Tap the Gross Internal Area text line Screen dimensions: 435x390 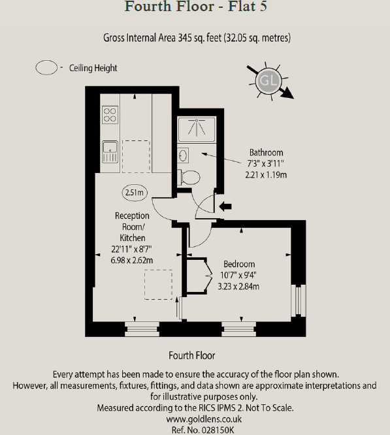[x=197, y=38]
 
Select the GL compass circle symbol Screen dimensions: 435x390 [x=268, y=81]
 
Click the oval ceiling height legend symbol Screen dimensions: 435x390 [x=46, y=67]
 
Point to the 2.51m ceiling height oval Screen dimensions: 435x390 [x=134, y=192]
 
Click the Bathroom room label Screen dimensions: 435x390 [x=266, y=153]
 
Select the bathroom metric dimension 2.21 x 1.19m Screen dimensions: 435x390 [x=267, y=174]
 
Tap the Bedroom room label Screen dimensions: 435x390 [x=238, y=265]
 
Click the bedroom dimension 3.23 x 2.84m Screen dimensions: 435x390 [x=238, y=286]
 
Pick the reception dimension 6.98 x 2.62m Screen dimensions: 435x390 [x=132, y=260]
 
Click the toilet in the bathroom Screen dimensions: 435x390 [x=190, y=176]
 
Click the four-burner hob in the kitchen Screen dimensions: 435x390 [x=109, y=115]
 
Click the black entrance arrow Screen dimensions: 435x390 [x=225, y=207]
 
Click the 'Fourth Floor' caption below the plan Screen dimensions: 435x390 [x=191, y=355]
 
